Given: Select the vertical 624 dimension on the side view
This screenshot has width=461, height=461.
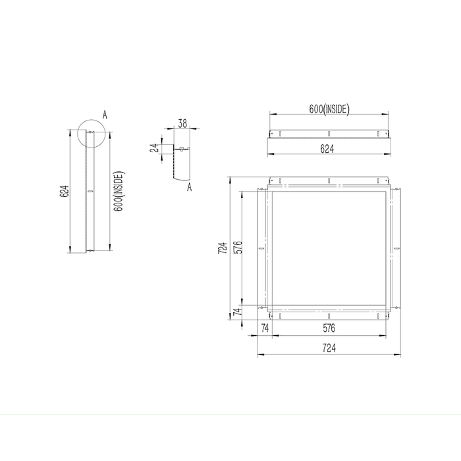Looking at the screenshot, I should [64, 192].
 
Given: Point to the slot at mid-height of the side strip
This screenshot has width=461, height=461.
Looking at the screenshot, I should [90, 192].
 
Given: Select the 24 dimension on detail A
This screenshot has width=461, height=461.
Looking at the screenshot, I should [155, 148].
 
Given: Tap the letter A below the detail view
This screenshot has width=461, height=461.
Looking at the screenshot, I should [190, 188].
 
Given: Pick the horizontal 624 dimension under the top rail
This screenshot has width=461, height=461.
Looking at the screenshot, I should [327, 149].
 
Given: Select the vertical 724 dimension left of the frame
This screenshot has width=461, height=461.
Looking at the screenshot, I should [223, 248].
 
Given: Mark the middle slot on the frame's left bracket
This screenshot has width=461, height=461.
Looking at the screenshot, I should [261, 249].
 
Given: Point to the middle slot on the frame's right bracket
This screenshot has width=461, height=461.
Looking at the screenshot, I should [396, 249].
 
